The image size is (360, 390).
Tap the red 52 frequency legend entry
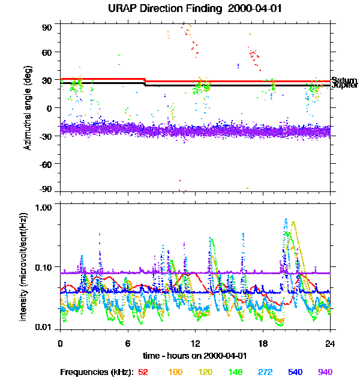click(x=143, y=372)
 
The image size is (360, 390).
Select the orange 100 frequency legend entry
click(x=175, y=372)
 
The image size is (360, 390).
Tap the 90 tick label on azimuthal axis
click(x=47, y=28)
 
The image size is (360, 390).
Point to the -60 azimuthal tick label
click(x=46, y=163)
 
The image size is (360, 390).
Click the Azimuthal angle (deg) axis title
click(x=28, y=107)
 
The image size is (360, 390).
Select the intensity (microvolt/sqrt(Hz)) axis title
click(x=24, y=266)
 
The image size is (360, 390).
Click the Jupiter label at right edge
click(x=344, y=86)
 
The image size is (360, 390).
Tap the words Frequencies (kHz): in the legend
click(x=97, y=372)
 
